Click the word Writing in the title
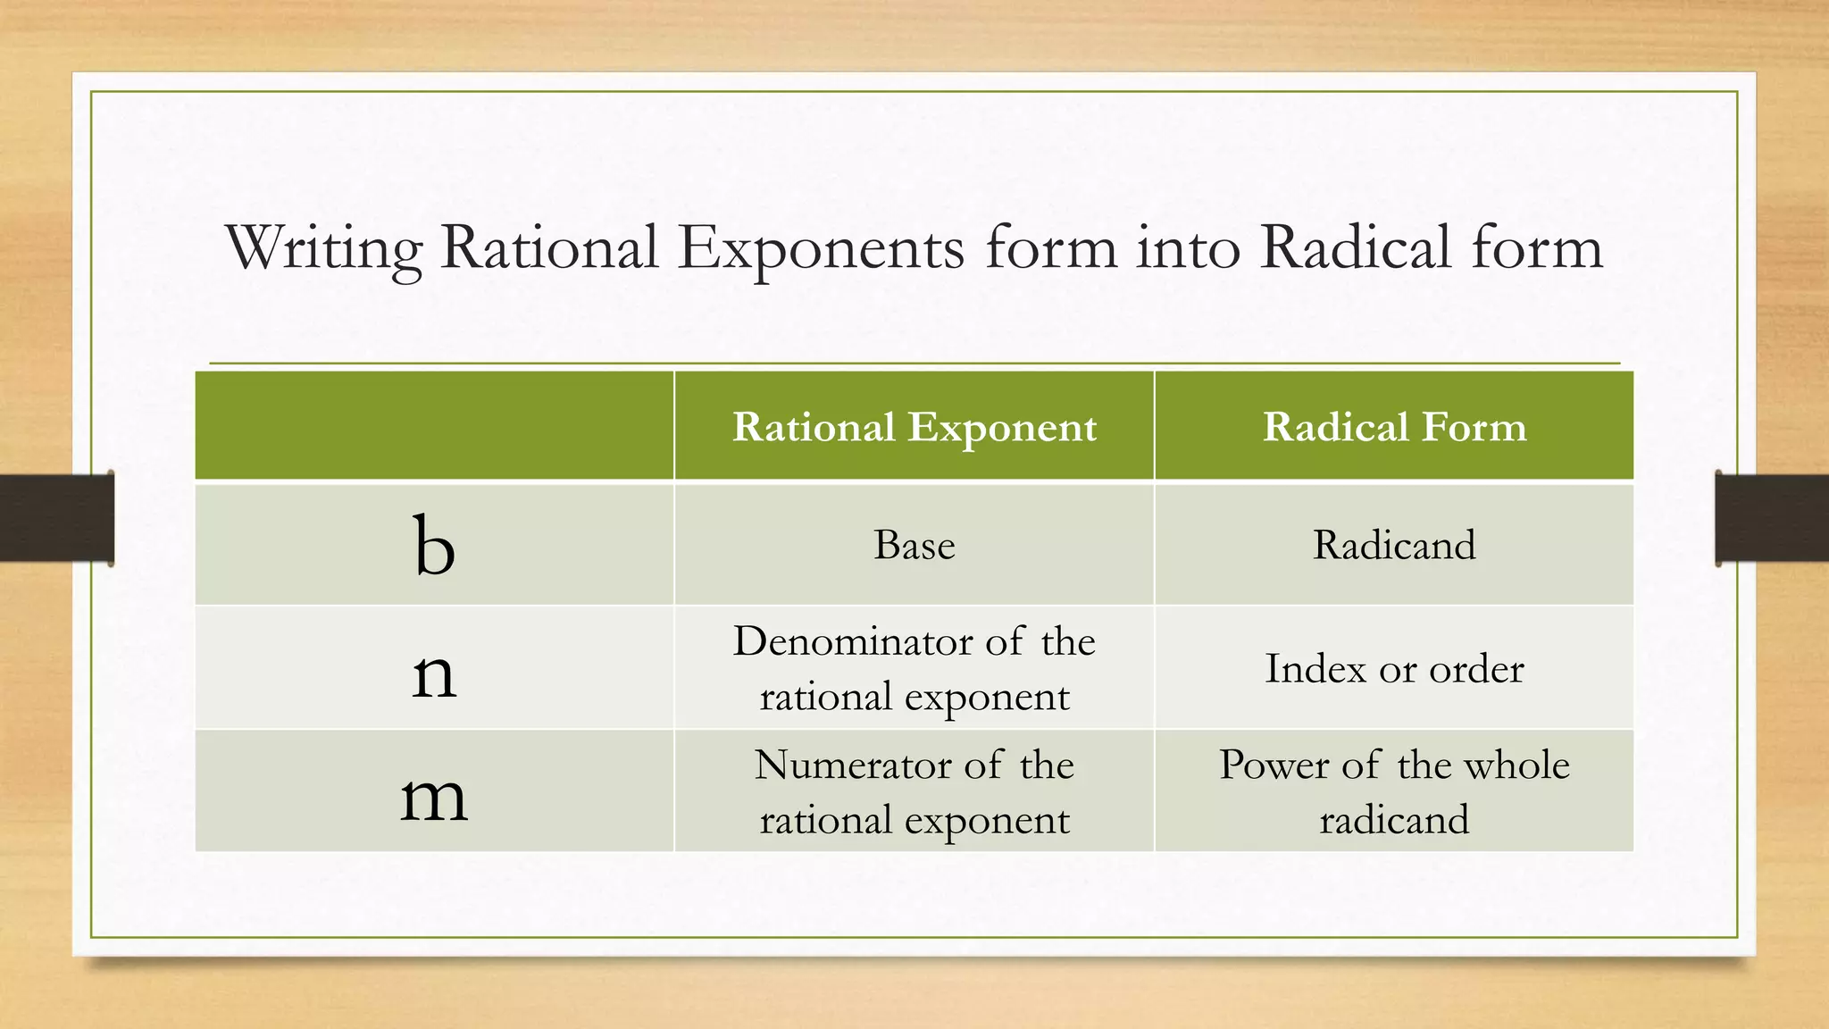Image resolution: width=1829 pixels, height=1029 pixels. point(323,248)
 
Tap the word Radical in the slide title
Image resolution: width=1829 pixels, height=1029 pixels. point(1355,248)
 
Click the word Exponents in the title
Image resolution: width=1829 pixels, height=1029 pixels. point(821,248)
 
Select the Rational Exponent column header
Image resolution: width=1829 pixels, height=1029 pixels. point(914,427)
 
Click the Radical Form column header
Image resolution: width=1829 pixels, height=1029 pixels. point(1394,427)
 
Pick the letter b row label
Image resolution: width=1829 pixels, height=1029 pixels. point(434,546)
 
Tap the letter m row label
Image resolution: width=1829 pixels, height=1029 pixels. point(434,795)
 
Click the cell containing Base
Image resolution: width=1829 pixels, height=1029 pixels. point(914,545)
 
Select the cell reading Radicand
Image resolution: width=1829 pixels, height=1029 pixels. point(1394,545)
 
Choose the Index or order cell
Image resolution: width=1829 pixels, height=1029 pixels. point(1394,669)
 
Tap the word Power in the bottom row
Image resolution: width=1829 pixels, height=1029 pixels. point(1274,765)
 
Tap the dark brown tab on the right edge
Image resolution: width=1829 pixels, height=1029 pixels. point(1772,518)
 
